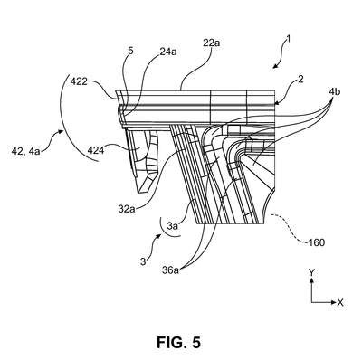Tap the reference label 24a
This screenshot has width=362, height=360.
point(167,52)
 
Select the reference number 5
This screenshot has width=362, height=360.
point(130,51)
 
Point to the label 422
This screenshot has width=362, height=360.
point(79,81)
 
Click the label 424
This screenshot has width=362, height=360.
point(95,149)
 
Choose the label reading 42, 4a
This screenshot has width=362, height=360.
point(25,151)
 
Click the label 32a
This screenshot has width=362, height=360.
point(127,209)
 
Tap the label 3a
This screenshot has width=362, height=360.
point(173,225)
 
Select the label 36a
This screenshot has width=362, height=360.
point(170,270)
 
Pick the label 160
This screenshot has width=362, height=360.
point(316,242)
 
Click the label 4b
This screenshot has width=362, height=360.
point(334,91)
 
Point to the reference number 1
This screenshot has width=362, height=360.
point(288,39)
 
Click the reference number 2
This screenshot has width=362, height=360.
point(300,80)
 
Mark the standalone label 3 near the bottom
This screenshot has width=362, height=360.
point(143,261)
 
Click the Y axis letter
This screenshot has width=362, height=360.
point(311,273)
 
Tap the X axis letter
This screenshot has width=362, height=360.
point(340,302)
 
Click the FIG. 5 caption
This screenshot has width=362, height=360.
point(178,342)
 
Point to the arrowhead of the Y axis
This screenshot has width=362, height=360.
point(311,280)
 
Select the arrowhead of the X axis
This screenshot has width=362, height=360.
point(333,302)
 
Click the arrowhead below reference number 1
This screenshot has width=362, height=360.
point(274,66)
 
